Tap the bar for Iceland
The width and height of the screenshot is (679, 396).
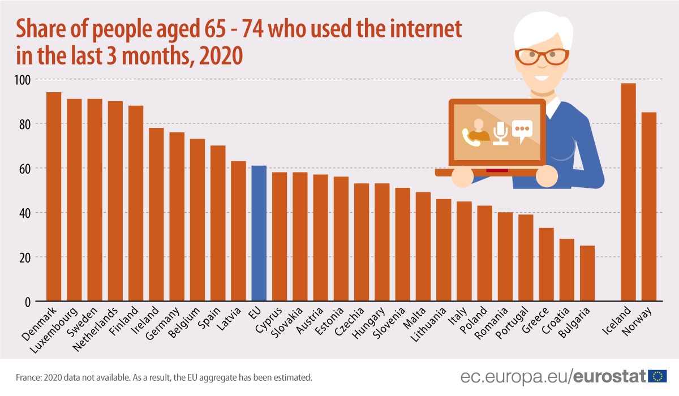tap(628, 192)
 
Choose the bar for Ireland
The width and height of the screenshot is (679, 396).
tap(156, 214)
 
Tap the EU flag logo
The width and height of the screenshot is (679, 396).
tap(657, 376)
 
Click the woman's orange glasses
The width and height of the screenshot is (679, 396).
tap(542, 57)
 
